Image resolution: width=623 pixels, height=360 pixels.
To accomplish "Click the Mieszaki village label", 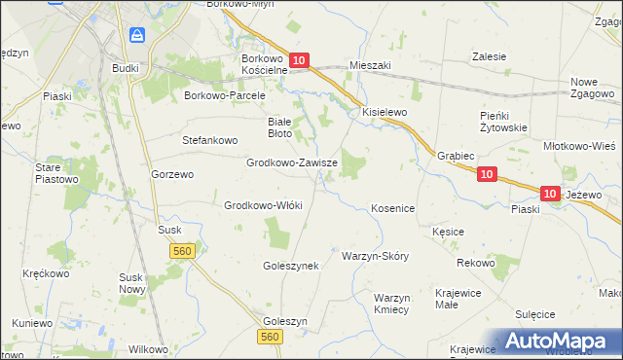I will pos(369,65).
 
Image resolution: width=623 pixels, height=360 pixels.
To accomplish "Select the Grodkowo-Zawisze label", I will pos(292,163).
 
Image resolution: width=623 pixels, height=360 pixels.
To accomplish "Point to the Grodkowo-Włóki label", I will pos(264,205).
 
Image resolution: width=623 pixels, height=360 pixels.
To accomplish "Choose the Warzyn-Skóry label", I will pos(375,256).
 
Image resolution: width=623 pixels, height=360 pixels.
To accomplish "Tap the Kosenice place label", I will pos(393,209).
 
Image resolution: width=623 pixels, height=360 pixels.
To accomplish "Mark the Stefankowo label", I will pos(210,140).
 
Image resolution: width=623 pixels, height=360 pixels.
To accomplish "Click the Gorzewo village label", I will pos(173,174).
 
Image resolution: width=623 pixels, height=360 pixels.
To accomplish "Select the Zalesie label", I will pos(489,56).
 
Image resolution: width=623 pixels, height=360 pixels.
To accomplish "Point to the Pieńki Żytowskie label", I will pos(503,122).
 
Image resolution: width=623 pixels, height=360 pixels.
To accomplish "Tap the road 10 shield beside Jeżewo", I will pos(550,195).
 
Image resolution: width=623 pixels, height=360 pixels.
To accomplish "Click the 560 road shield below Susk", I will pos(182,251).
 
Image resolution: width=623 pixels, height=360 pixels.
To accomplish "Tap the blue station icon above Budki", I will pos(137,36).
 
